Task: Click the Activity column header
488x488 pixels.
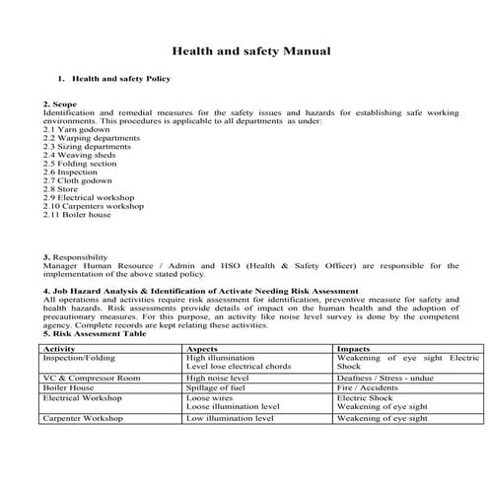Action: coord(60,348)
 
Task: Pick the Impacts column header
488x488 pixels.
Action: coord(355,348)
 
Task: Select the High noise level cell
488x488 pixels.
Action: coord(221,378)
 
